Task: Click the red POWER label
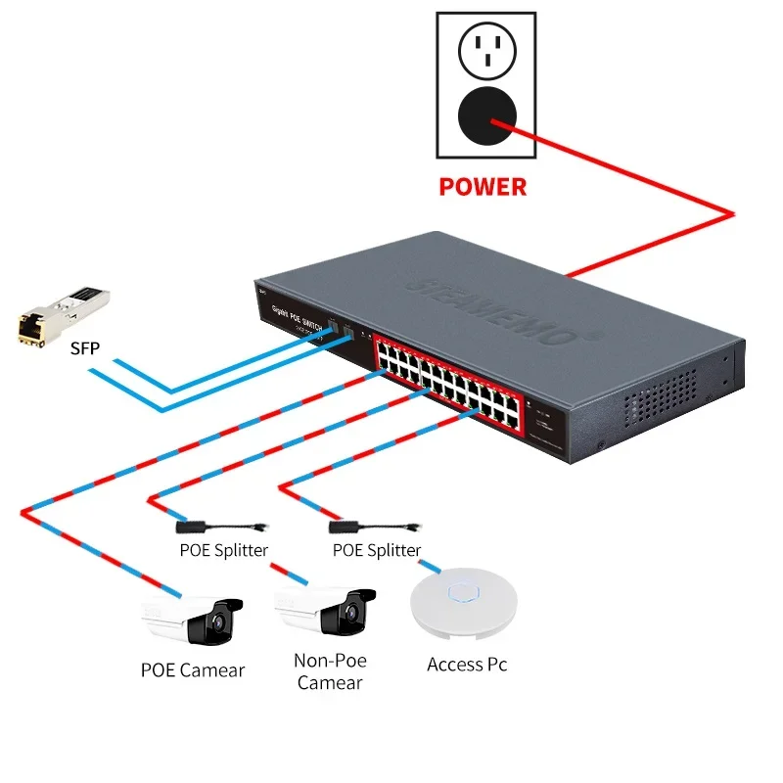click(x=483, y=186)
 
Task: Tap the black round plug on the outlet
click(x=485, y=116)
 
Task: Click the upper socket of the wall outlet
click(x=485, y=48)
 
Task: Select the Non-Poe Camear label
click(x=329, y=671)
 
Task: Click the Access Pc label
click(x=467, y=665)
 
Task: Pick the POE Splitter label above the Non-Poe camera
click(x=223, y=550)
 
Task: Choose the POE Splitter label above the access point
click(x=377, y=550)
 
